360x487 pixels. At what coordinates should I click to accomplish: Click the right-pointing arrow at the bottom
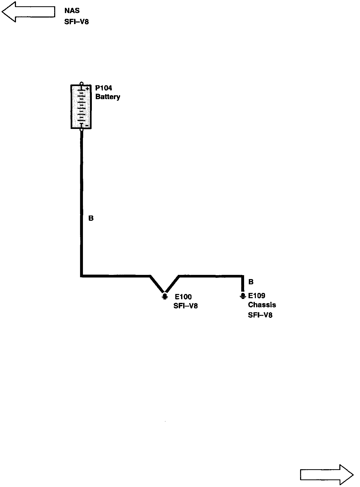pos(327,475)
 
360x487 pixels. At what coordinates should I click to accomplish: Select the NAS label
pos(72,11)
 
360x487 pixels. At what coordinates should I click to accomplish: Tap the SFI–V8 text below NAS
pos(76,22)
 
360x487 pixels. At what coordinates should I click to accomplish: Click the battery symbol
pos(81,107)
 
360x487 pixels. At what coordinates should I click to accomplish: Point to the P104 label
pos(104,88)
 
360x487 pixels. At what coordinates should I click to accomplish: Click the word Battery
pos(108,97)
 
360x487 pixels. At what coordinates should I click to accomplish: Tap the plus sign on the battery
pos(87,88)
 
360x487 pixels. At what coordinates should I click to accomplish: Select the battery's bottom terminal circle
pos(81,129)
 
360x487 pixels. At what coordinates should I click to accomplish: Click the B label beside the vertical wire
pos(91,218)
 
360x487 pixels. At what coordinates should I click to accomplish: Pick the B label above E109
pos(251,282)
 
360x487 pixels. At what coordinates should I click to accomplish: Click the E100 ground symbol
pos(165,296)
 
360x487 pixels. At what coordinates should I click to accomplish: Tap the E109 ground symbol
pos(243,296)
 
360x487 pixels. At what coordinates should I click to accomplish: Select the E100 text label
pos(183,297)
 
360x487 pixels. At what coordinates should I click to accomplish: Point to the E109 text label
pos(257,296)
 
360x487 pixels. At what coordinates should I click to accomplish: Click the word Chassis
pos(262,305)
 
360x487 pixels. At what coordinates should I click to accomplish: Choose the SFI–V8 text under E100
pos(185,306)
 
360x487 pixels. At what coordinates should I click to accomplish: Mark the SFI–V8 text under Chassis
pos(260,315)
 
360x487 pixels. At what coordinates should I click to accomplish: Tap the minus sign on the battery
pos(87,126)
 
